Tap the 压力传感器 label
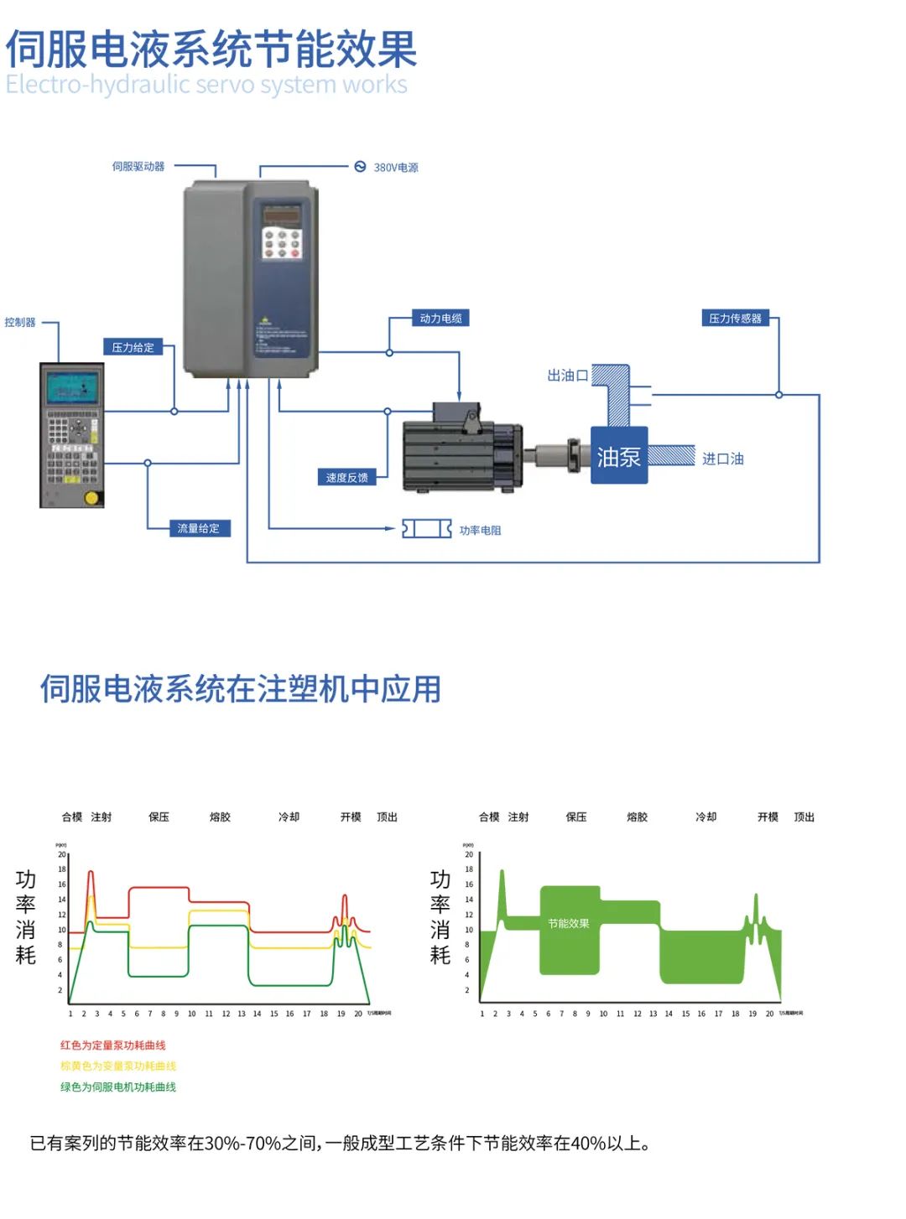click(x=735, y=319)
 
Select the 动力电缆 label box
click(x=440, y=319)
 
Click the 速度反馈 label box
click(x=346, y=478)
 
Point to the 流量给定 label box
click(x=198, y=528)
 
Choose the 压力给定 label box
click(x=133, y=347)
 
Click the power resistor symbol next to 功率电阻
click(x=426, y=529)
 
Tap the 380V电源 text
click(x=395, y=168)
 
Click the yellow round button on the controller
click(x=91, y=497)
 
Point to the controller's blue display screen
click(x=72, y=388)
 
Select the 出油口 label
click(x=567, y=376)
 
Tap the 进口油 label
click(x=722, y=459)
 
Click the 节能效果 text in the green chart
click(x=569, y=923)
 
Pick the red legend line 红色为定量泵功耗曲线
click(x=113, y=1045)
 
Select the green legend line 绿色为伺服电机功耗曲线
click(x=118, y=1087)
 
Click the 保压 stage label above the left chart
click(x=159, y=817)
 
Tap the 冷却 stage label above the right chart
click(x=706, y=817)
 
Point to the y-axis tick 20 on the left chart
click(x=61, y=854)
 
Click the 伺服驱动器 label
click(x=138, y=167)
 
